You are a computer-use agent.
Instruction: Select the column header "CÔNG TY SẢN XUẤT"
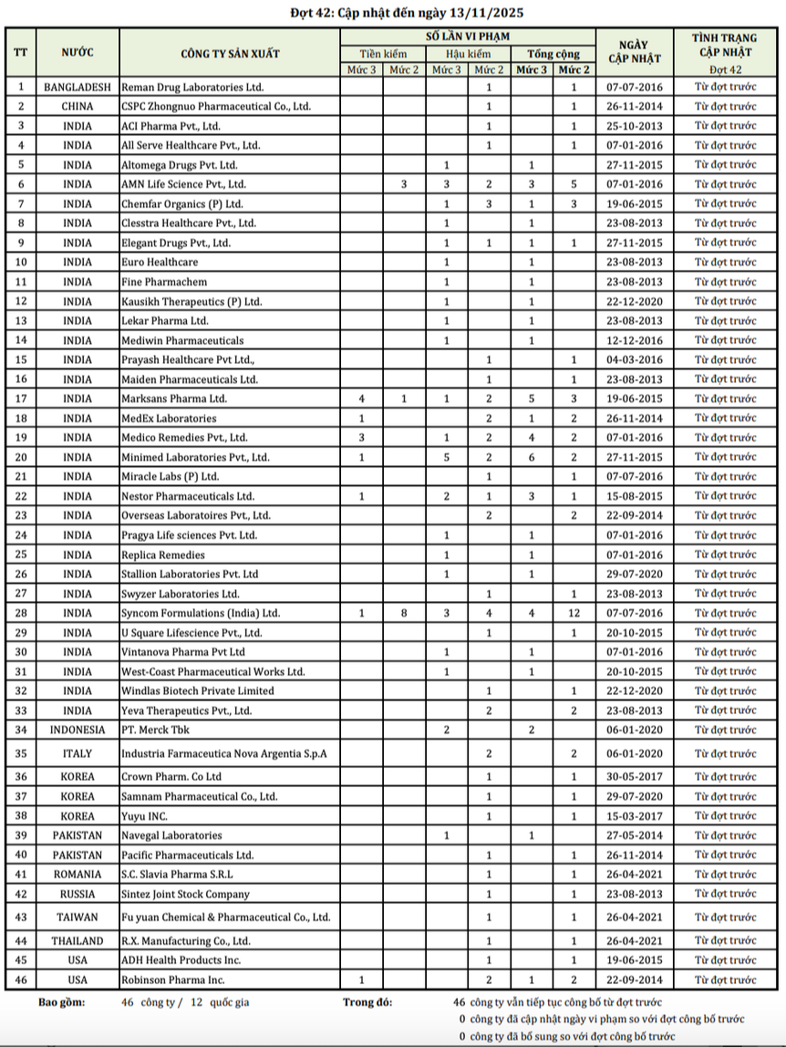229,53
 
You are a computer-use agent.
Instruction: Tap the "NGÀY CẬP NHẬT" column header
633,53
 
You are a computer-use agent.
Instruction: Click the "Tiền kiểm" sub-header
383,54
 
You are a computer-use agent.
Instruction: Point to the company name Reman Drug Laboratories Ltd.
192,88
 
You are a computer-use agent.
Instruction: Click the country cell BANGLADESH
78,88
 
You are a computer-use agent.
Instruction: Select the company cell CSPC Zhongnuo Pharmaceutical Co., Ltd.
216,107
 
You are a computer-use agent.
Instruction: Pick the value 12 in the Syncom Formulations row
574,613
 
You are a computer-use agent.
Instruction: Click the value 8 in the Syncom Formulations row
404,613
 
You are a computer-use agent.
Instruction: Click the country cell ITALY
78,753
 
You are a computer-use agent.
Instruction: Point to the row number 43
21,917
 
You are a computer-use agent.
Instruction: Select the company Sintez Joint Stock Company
185,894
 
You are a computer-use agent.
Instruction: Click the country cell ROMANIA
78,875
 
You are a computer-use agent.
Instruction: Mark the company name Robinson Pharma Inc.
172,980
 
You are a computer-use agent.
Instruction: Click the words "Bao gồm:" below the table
62,1001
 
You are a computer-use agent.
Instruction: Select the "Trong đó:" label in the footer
367,1001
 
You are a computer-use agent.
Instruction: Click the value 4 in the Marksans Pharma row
362,399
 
